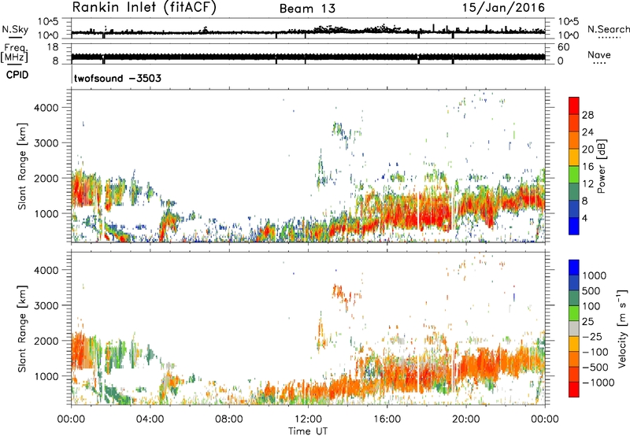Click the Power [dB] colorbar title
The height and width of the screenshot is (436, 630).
coord(613,167)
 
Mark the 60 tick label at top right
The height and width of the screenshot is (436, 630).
coord(564,46)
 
